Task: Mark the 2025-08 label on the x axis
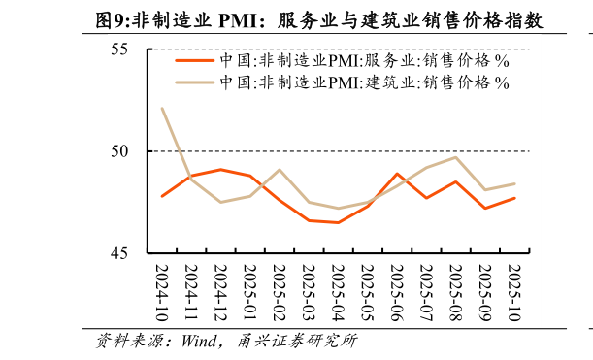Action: (x=455, y=287)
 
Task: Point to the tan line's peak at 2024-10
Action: (x=162, y=108)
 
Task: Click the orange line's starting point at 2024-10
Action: (x=162, y=196)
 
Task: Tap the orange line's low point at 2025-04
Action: (x=338, y=222)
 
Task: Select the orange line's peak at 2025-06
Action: (x=397, y=174)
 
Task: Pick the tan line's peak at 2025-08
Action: (x=455, y=157)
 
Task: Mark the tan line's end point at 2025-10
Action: (x=514, y=183)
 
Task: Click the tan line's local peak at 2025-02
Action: (x=280, y=170)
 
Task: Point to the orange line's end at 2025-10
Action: (x=514, y=198)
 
